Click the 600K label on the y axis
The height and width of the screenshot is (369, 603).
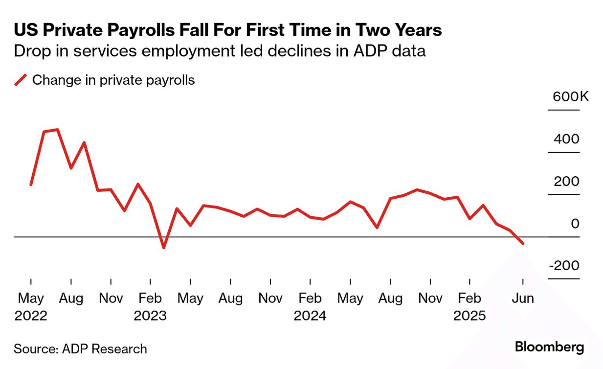pyautogui.click(x=571, y=96)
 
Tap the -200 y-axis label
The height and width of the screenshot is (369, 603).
pyautogui.click(x=563, y=266)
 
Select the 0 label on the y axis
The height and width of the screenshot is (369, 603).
pyautogui.click(x=575, y=224)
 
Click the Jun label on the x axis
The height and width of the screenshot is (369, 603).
pyautogui.click(x=523, y=298)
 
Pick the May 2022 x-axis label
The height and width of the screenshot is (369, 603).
pyautogui.click(x=31, y=307)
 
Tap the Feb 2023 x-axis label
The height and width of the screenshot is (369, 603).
pyautogui.click(x=150, y=307)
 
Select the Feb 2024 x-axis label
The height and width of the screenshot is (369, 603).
pyautogui.click(x=310, y=307)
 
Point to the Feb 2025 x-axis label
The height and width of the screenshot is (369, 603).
pyautogui.click(x=469, y=307)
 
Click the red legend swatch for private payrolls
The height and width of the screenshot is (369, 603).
pyautogui.click(x=21, y=80)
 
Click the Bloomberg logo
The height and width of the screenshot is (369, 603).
pyautogui.click(x=549, y=347)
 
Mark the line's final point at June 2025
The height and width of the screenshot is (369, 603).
pyautogui.click(x=523, y=243)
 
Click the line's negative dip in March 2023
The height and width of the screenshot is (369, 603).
pyautogui.click(x=163, y=248)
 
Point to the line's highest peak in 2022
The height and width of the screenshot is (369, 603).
pyautogui.click(x=58, y=130)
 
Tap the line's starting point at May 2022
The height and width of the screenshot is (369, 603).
pyautogui.click(x=31, y=184)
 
